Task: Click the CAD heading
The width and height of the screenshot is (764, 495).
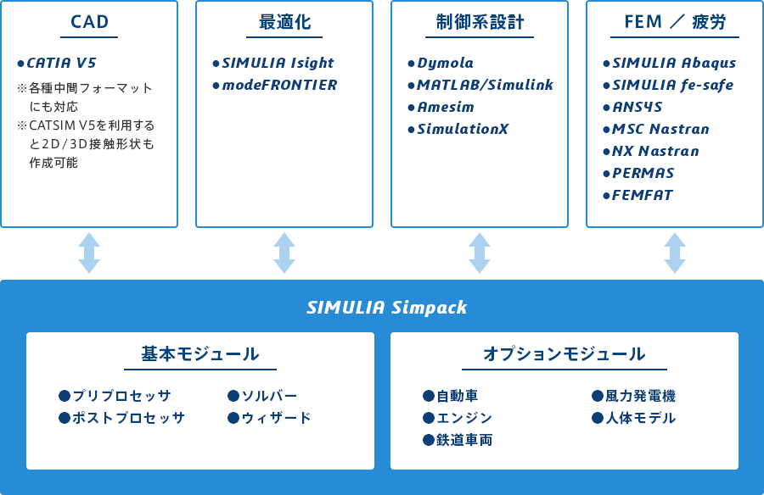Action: click(x=89, y=22)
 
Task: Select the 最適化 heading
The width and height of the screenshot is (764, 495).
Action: click(x=284, y=22)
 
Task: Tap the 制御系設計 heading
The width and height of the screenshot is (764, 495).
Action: click(x=480, y=22)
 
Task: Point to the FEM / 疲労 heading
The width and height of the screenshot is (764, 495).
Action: click(x=675, y=22)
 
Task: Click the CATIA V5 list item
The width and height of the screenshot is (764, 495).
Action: click(x=61, y=63)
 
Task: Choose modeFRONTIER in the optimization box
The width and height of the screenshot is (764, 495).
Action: click(x=279, y=85)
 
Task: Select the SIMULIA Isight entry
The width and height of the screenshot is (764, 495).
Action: click(x=278, y=64)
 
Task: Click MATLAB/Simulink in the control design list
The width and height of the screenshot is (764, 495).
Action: click(x=486, y=85)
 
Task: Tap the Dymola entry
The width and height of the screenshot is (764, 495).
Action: click(x=446, y=64)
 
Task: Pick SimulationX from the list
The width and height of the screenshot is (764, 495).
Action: click(x=463, y=129)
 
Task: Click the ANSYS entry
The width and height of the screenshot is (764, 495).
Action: click(x=638, y=107)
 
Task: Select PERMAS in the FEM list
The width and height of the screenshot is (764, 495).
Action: click(x=643, y=173)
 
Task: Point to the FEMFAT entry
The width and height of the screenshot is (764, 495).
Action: click(x=643, y=195)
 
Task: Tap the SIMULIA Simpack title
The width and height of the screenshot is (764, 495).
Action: click(x=387, y=308)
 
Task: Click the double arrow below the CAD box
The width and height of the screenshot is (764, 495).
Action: click(x=89, y=253)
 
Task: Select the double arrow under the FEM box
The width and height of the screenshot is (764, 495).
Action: click(x=675, y=253)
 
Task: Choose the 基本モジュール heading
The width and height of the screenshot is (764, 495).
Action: click(x=200, y=353)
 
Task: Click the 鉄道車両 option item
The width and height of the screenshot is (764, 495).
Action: click(x=464, y=440)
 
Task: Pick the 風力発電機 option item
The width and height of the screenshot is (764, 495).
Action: click(x=640, y=396)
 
